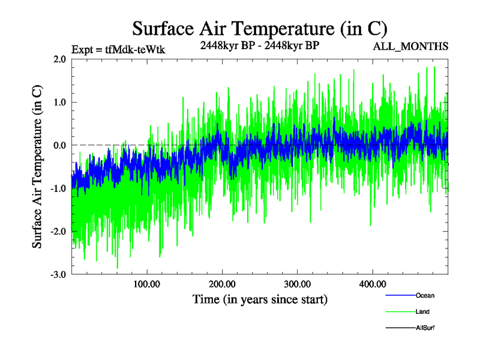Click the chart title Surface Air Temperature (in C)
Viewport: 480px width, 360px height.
pos(259,28)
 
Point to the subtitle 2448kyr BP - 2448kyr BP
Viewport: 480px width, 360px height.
pos(259,45)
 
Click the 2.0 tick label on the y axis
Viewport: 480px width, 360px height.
pos(59,59)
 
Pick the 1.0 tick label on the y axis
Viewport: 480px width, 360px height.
pos(59,102)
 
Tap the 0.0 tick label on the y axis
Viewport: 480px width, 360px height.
pos(59,145)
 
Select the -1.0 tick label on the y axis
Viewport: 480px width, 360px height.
pos(58,188)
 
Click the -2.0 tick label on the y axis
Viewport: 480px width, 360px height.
pos(58,232)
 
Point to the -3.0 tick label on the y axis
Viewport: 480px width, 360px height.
pos(58,275)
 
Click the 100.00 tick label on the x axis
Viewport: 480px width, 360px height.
pos(147,284)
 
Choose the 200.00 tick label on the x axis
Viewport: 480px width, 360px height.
pos(222,284)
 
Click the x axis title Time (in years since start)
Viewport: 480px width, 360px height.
pos(260,299)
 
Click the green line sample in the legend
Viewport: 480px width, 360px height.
pos(400,311)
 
